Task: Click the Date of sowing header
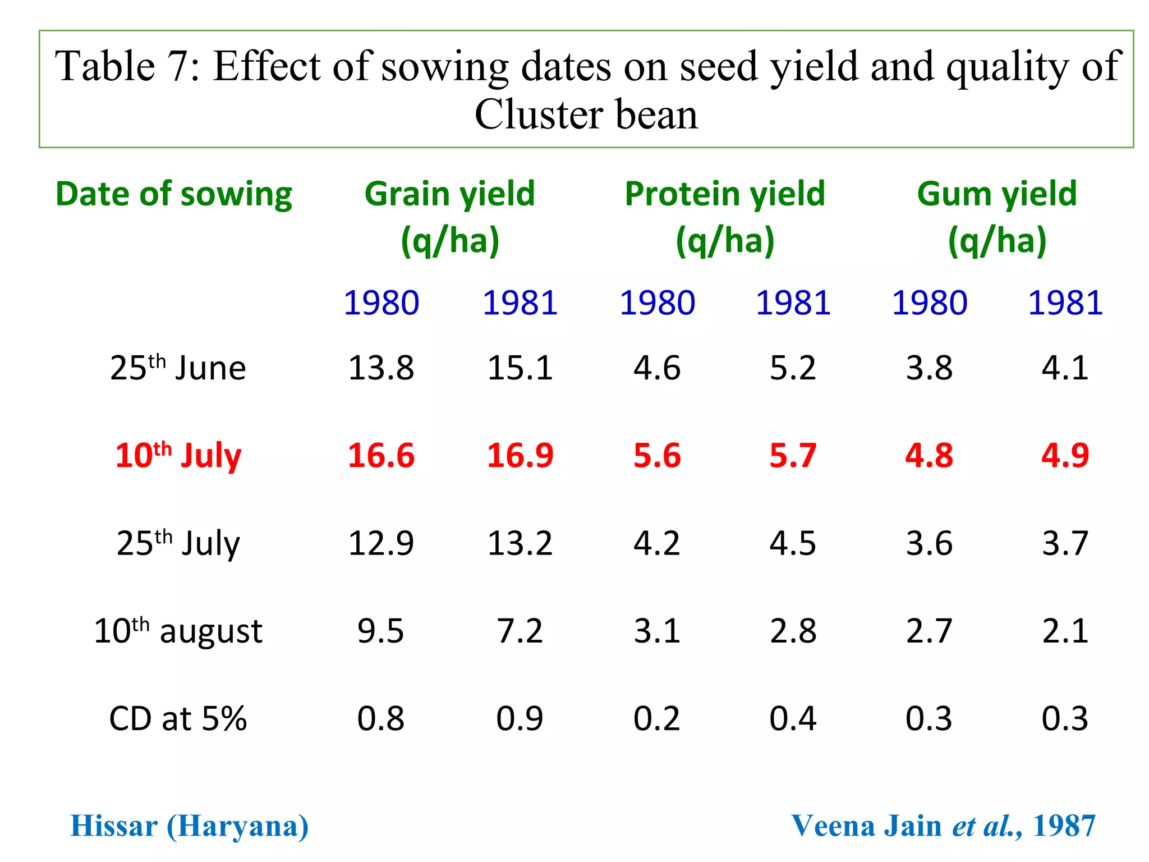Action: tap(174, 194)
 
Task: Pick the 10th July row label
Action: tap(178, 455)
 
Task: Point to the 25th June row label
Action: tap(178, 368)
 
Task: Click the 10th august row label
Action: tap(178, 631)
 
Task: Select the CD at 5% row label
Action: tap(178, 718)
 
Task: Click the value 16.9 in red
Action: tap(520, 455)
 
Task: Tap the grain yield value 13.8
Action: tap(381, 368)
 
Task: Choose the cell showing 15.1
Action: tap(520, 368)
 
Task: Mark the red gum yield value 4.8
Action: tap(929, 455)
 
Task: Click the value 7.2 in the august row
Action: tap(520, 631)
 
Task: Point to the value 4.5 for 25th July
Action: tap(793, 543)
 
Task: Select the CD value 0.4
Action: tap(793, 718)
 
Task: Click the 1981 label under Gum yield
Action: tap(1065, 303)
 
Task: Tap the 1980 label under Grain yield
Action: tap(381, 303)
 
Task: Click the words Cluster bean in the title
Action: tap(586, 114)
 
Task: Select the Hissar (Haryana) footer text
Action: tap(190, 826)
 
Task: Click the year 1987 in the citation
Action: tap(1064, 826)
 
